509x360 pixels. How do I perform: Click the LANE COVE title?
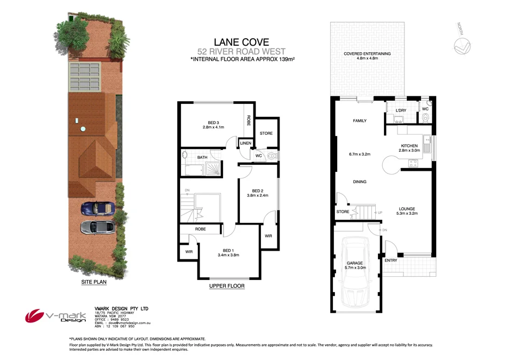point(241,41)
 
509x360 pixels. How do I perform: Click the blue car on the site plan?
point(97,208)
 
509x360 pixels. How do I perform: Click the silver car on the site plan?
point(97,227)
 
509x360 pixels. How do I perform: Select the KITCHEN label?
point(409,146)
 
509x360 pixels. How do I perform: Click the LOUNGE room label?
point(407,209)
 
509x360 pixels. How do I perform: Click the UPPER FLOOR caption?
point(227,285)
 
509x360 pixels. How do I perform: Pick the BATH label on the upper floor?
point(202,158)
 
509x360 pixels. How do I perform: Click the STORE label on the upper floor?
point(266,133)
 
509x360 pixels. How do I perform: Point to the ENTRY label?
point(390,260)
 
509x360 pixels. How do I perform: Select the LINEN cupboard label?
point(245,144)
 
